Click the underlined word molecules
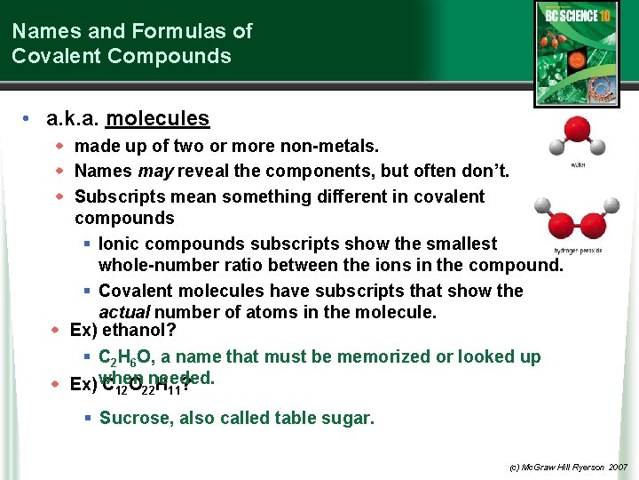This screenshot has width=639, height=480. point(157,118)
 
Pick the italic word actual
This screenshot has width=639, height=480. point(124,312)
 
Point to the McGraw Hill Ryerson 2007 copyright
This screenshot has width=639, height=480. point(569,466)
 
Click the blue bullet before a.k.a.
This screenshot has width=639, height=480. point(28,119)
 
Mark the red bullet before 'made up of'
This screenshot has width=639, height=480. point(60,145)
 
